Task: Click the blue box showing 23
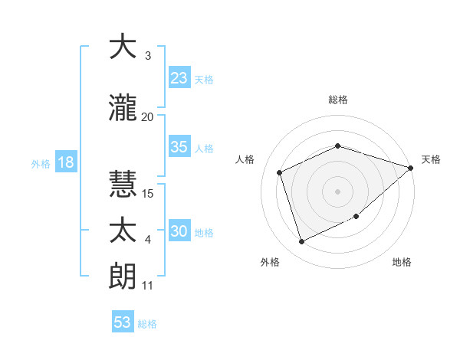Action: click(179, 78)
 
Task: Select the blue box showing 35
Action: click(179, 148)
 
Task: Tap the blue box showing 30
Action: click(179, 231)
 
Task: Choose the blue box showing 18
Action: click(65, 163)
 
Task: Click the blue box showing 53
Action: click(123, 322)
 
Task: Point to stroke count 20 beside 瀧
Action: click(148, 116)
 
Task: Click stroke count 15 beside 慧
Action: click(148, 194)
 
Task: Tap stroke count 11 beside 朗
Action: click(148, 286)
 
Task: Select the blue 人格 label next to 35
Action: click(204, 149)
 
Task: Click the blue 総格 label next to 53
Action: click(147, 323)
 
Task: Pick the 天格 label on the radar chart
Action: click(431, 159)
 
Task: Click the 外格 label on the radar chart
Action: click(270, 263)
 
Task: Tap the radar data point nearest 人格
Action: click(280, 172)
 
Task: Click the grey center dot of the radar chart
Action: click(337, 191)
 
